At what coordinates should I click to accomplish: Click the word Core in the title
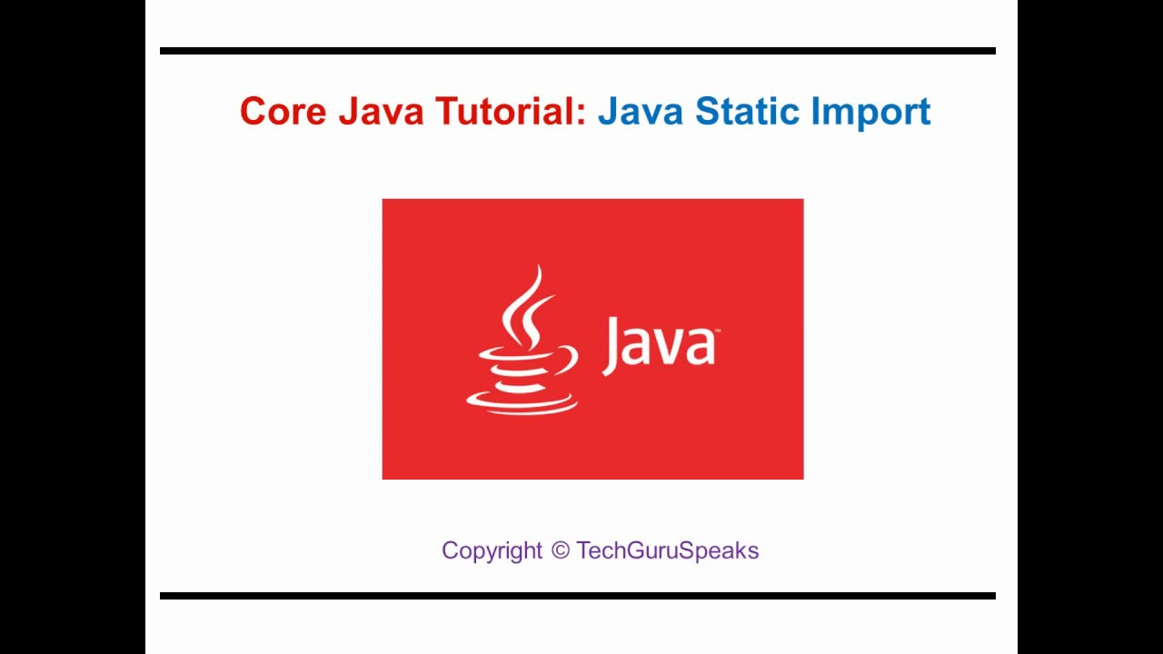pos(283,112)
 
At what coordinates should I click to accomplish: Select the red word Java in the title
pos(381,112)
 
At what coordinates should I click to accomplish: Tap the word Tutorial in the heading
pos(505,112)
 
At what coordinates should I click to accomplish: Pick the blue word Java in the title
pos(641,112)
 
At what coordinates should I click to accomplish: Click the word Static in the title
pos(747,112)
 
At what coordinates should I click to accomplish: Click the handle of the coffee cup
pos(565,358)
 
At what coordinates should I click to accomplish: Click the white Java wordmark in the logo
pos(659,345)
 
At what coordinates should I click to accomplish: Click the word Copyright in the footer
pos(492,550)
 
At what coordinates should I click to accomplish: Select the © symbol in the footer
pos(560,550)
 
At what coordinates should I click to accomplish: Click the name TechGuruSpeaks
pos(667,550)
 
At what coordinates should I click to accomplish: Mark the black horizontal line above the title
pos(578,51)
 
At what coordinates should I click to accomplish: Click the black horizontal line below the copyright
pos(578,596)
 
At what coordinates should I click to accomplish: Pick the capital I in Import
pos(815,112)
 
